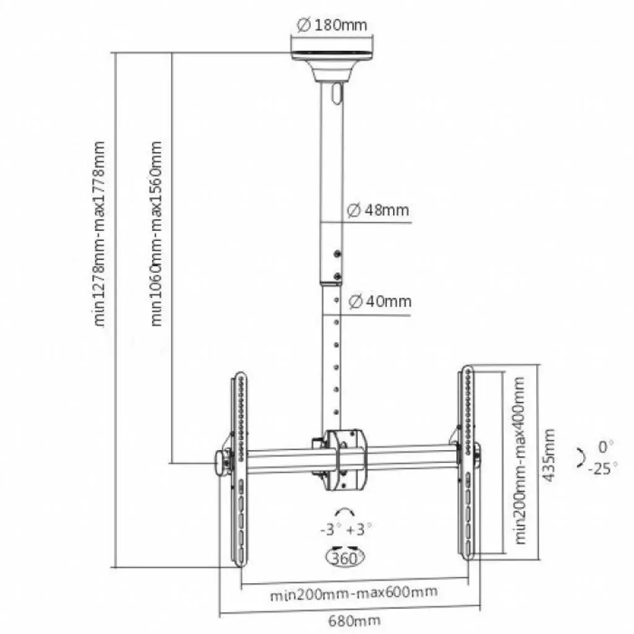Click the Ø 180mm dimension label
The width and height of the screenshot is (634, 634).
pos(332,25)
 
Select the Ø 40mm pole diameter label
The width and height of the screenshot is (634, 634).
pos(379,302)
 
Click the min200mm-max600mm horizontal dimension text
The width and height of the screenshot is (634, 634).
pos(354,593)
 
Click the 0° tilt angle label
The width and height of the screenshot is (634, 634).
pos(606,445)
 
